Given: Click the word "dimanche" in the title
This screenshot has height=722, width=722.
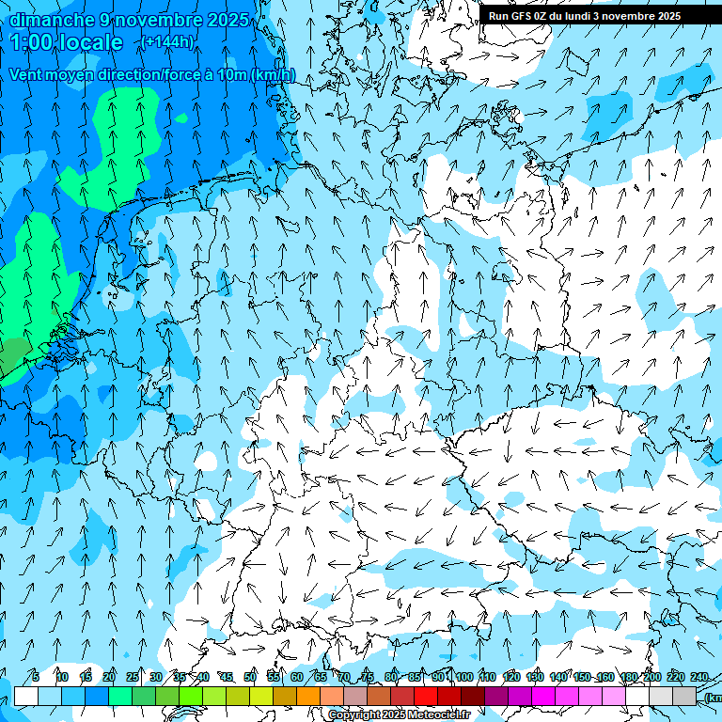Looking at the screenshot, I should pyautogui.click(x=50, y=20).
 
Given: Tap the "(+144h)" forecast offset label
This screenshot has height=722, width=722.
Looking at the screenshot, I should pyautogui.click(x=167, y=41).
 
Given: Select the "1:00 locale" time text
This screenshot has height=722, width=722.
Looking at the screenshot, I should pyautogui.click(x=67, y=42).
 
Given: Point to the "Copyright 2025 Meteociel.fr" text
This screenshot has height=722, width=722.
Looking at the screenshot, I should pyautogui.click(x=399, y=715).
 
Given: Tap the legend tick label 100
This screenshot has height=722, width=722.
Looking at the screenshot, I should pyautogui.click(x=464, y=677).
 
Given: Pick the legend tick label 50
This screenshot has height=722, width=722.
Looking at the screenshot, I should pyautogui.click(x=250, y=677).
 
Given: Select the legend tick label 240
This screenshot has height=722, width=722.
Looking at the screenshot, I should pyautogui.click(x=699, y=677).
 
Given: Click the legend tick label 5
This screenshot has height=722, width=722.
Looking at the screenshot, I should pyautogui.click(x=35, y=677).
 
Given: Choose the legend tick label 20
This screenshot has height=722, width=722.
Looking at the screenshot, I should pyautogui.click(x=109, y=677).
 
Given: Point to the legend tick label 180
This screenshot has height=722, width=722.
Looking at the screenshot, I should pyautogui.click(x=629, y=677).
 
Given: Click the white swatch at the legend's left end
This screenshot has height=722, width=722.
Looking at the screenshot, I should pyautogui.click(x=26, y=696).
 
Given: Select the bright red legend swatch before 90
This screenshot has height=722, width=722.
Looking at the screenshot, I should pyautogui.click(x=426, y=696).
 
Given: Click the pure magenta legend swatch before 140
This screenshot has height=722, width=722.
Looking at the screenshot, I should pyautogui.click(x=543, y=696).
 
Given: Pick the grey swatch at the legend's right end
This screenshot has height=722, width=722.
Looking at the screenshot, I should pyautogui.click(x=684, y=696).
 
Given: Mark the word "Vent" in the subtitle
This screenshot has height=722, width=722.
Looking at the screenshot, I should pyautogui.click(x=28, y=75).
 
